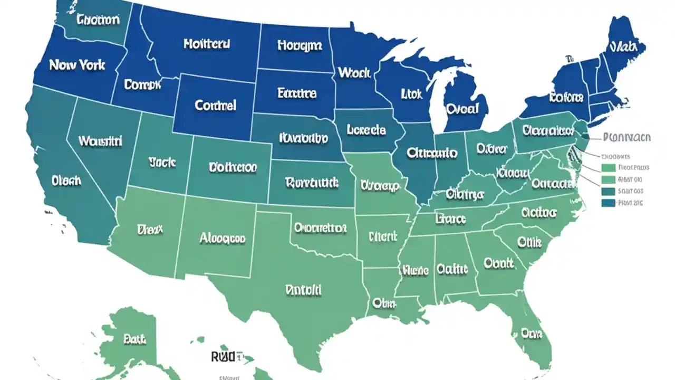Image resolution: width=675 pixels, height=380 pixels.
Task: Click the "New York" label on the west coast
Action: (77, 65)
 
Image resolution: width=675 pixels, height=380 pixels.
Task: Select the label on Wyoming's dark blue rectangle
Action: (215, 105)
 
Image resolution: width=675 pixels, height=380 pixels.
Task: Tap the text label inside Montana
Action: (207, 44)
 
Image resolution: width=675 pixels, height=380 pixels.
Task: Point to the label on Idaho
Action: (142, 84)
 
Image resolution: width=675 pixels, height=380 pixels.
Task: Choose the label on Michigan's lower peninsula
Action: (462, 108)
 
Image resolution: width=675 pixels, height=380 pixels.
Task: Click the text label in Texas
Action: (303, 290)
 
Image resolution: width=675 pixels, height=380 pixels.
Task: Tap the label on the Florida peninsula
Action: (532, 333)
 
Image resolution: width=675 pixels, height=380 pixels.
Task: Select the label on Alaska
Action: (134, 339)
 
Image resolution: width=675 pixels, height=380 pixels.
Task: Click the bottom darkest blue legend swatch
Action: (608, 203)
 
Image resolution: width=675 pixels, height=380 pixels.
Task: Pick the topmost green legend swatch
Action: (608, 168)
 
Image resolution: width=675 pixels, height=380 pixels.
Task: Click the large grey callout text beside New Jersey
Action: (626, 138)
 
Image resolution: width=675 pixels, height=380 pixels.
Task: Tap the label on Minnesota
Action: (354, 73)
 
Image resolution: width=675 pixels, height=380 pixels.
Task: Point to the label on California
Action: (66, 180)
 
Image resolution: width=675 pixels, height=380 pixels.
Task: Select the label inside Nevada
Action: (100, 141)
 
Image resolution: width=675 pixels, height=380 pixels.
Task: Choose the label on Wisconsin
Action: (411, 94)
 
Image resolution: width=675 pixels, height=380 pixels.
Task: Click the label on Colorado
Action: (233, 168)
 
